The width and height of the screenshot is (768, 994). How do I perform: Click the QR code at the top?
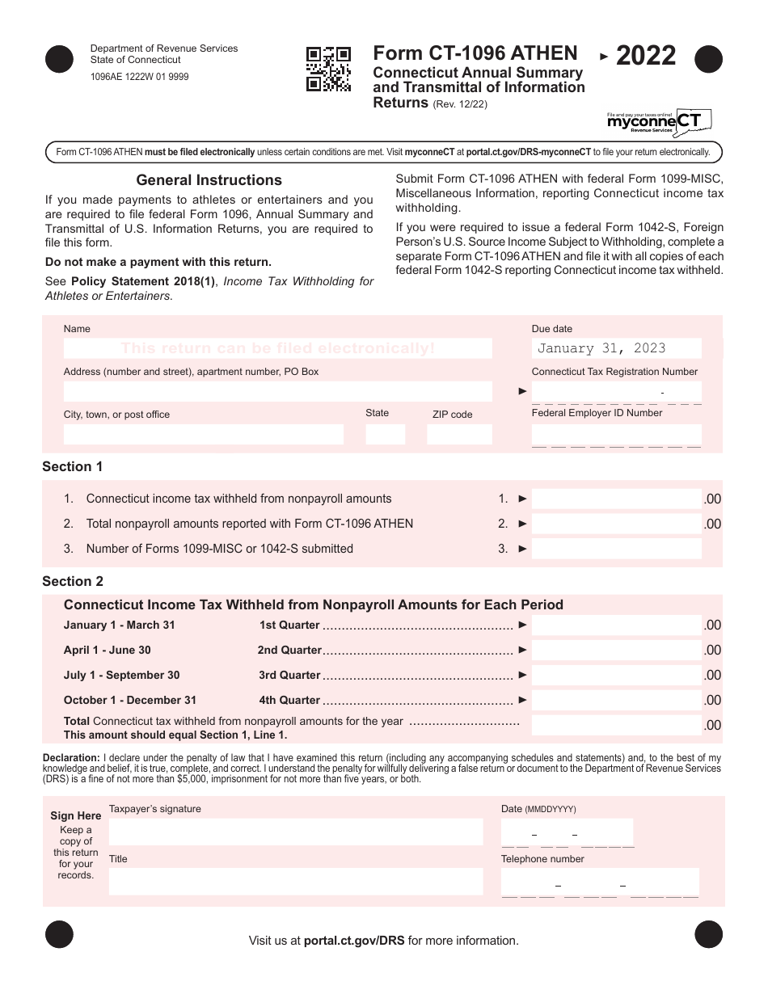tap(328, 69)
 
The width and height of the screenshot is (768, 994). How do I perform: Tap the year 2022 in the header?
tap(645, 56)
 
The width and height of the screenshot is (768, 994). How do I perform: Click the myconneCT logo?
tap(659, 121)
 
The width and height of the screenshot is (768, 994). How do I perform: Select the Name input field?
tap(277, 348)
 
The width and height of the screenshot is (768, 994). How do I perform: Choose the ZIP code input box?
tap(458, 434)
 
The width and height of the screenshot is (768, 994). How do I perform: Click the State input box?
tap(385, 434)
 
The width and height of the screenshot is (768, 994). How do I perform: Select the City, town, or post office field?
tap(203, 434)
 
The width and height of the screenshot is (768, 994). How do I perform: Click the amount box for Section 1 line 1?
tap(616, 499)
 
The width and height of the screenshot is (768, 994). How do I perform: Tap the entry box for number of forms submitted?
tap(616, 549)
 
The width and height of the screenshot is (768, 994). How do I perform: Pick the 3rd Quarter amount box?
tap(616, 675)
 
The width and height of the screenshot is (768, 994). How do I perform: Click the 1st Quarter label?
tap(289, 625)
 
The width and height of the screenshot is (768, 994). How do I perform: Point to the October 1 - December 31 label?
tap(130, 701)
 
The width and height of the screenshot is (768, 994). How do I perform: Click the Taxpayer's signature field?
tap(295, 832)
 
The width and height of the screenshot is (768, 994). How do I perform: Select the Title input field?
tap(295, 881)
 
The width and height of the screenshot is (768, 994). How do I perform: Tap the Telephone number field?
tap(599, 882)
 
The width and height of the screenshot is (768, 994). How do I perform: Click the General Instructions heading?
tap(209, 180)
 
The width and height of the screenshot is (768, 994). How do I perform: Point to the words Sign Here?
tap(76, 815)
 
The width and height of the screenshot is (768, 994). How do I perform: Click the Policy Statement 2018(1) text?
tap(143, 281)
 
